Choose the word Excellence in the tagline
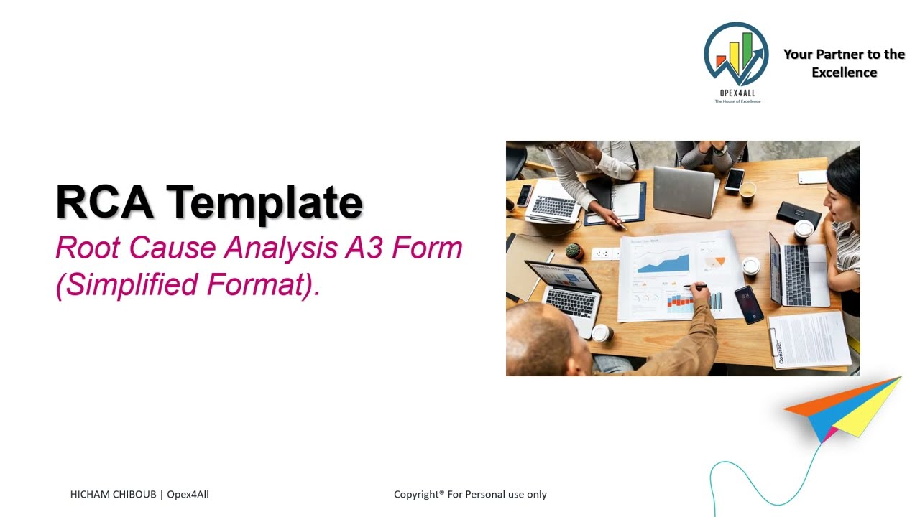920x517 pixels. (x=844, y=73)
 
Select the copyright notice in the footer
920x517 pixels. (x=470, y=494)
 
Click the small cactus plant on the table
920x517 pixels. (x=572, y=251)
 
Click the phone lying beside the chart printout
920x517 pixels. (x=748, y=304)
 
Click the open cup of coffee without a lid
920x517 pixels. (x=747, y=190)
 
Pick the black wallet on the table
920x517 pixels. (x=798, y=213)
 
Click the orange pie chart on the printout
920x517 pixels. (x=714, y=263)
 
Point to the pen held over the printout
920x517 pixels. (x=695, y=287)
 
